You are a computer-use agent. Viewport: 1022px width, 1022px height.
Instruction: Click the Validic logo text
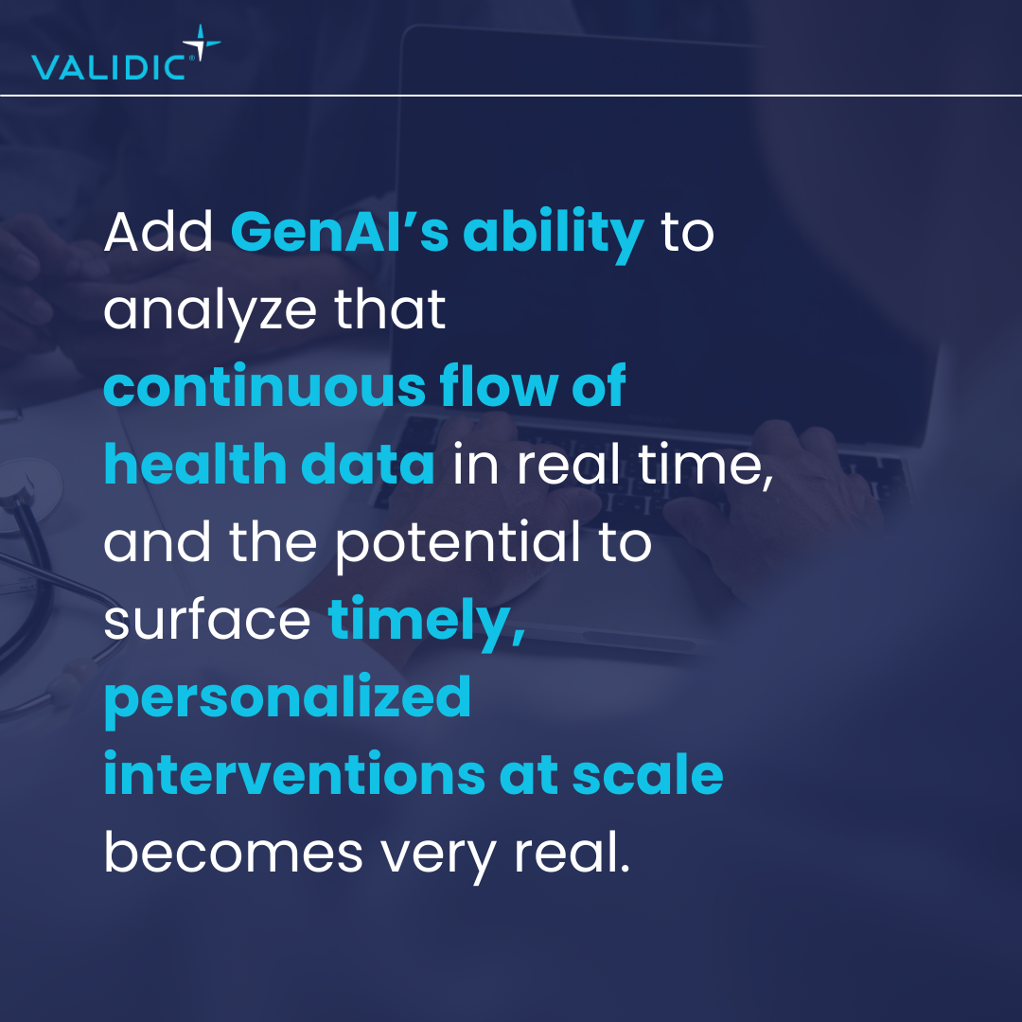pos(109,67)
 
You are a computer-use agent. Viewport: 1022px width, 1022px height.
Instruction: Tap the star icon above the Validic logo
pos(202,43)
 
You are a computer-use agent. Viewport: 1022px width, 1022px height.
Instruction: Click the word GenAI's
pos(340,232)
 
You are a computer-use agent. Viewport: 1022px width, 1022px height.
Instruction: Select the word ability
pos(554,236)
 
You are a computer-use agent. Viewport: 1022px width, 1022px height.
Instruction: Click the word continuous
pos(265,386)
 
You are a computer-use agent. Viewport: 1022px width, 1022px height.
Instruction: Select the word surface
pos(207,618)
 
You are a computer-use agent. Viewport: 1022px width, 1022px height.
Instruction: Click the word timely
pos(427,623)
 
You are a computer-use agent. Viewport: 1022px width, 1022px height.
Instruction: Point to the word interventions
pos(294,774)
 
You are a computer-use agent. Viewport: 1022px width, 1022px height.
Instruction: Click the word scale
pos(648,774)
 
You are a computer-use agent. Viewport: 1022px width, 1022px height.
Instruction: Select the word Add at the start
pos(158,232)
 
